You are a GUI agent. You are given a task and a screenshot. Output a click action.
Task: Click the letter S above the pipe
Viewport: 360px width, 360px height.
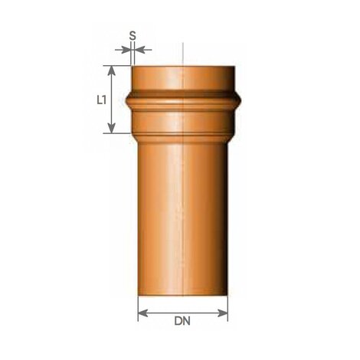[x=133, y=35]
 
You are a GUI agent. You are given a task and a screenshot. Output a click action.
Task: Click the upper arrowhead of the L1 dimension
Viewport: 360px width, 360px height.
[x=113, y=70]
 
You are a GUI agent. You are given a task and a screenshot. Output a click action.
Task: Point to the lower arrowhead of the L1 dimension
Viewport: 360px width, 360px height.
[x=113, y=129]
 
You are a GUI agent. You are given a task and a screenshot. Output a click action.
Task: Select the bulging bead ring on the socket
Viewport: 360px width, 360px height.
[x=184, y=102]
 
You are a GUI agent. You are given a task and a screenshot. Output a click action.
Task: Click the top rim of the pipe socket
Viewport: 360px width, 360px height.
[x=184, y=67]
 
